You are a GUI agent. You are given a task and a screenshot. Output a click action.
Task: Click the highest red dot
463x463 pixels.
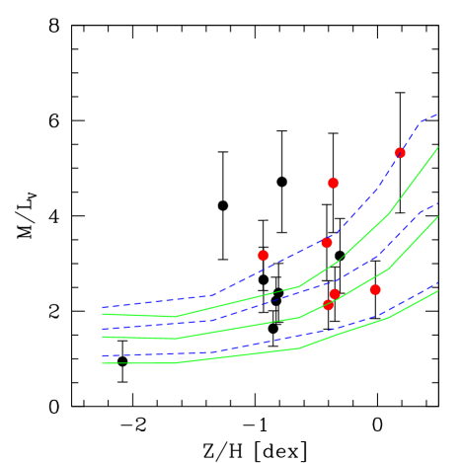click(x=400, y=153)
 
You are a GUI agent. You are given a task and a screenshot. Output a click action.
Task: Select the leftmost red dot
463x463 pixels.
click(x=263, y=256)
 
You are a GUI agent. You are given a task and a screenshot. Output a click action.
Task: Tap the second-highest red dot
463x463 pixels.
click(x=333, y=184)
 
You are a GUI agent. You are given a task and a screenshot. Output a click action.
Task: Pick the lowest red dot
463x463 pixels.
click(x=328, y=305)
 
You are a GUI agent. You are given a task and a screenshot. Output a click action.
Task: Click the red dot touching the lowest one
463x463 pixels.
click(x=335, y=294)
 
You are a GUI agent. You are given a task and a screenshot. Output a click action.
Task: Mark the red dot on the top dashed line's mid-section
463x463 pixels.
click(x=327, y=243)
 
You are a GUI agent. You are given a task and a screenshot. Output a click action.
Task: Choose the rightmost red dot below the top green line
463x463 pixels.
click(x=375, y=290)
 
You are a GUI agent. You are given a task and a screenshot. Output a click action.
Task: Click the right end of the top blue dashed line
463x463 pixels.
click(x=437, y=115)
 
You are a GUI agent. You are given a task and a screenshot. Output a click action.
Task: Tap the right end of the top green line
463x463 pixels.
click(x=437, y=147)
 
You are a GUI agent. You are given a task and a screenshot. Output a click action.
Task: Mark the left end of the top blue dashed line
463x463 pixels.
click(x=103, y=307)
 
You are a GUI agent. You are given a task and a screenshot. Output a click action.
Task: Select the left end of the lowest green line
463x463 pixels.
click(x=103, y=363)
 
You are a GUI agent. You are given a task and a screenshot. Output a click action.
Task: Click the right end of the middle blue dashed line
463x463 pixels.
click(x=437, y=203)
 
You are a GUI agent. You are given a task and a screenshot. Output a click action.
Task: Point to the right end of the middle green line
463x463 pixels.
click(x=437, y=217)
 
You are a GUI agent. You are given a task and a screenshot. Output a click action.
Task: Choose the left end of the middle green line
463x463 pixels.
click(x=103, y=337)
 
